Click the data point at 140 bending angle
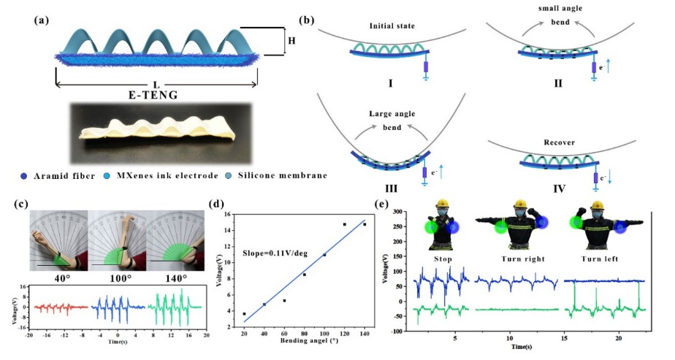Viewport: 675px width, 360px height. [x=365, y=224]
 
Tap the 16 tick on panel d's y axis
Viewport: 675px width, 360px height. [x=229, y=215]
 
